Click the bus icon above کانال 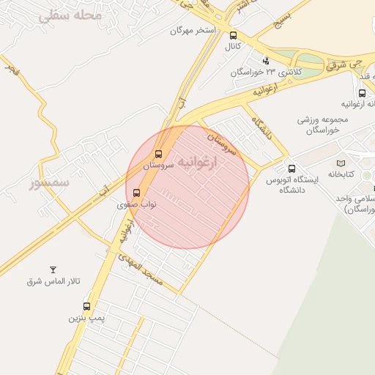[x=233, y=35]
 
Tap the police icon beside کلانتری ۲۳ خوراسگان [x=265, y=60]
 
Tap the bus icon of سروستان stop [x=158, y=155]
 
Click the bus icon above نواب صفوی [x=136, y=193]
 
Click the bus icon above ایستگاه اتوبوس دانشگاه [x=292, y=168]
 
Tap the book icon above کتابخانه [x=340, y=163]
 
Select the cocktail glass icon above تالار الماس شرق [x=52, y=270]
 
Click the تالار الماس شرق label [x=53, y=282]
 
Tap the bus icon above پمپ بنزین [x=86, y=307]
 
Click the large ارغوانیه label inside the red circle [x=208, y=165]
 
